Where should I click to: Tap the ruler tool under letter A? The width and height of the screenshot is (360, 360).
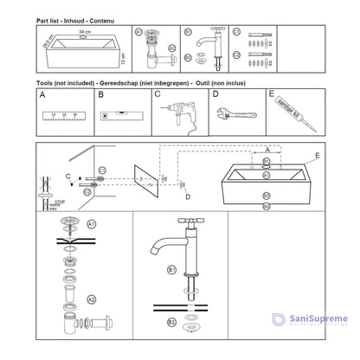coord(64,115)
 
